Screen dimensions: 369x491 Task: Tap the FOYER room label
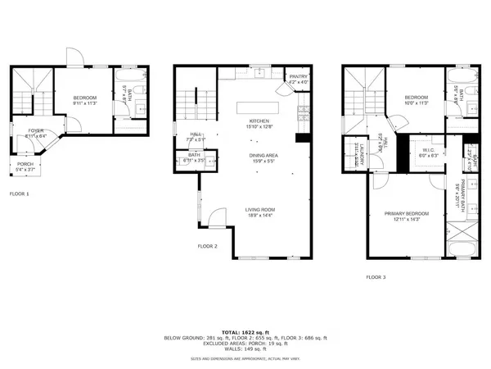click(x=34, y=131)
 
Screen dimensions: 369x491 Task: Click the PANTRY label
click(x=299, y=79)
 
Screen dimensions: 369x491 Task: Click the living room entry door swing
click(x=218, y=217)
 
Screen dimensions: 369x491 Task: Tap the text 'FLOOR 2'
click(x=208, y=246)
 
